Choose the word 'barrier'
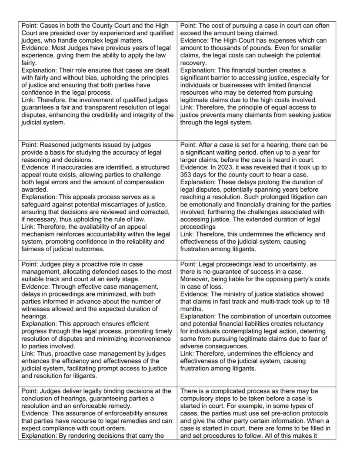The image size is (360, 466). tap(223, 78)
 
